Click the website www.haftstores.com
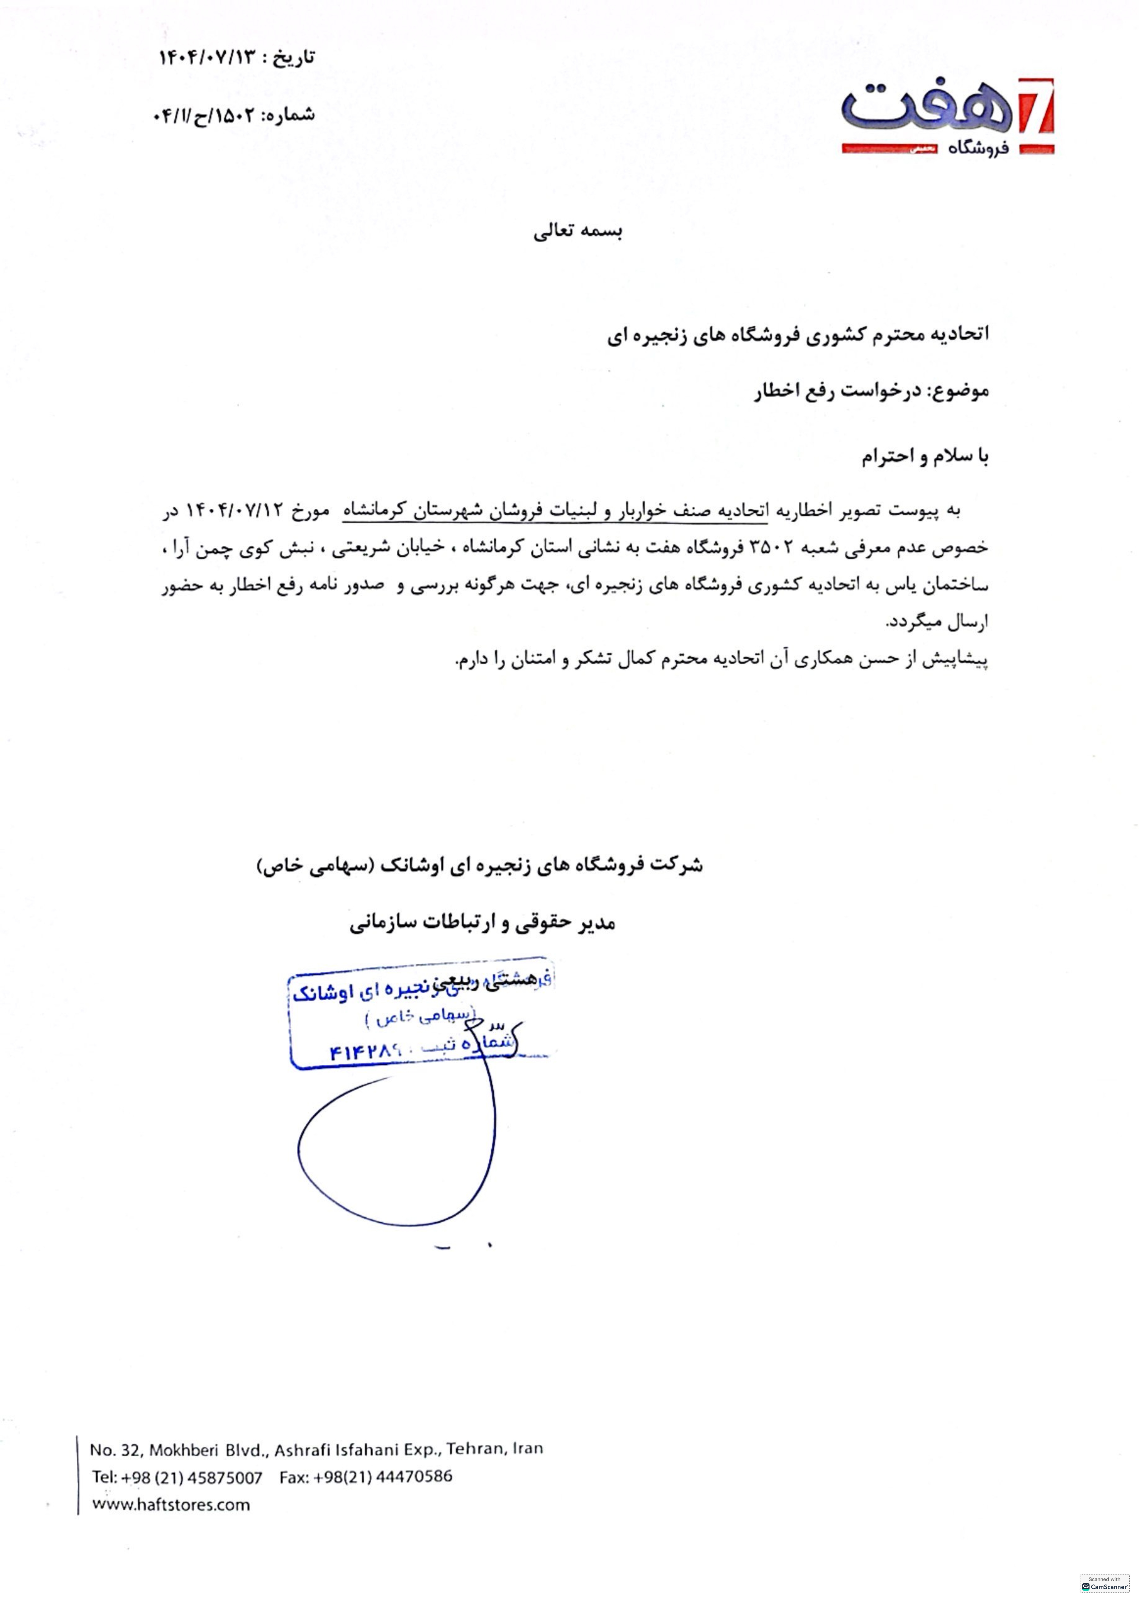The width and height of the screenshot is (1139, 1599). (170, 1504)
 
